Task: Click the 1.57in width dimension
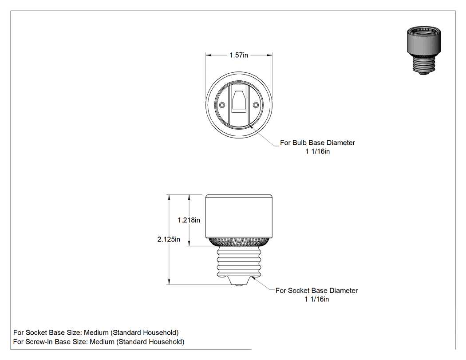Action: (x=239, y=55)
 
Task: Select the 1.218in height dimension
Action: (x=189, y=220)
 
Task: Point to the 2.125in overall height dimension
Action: (x=169, y=240)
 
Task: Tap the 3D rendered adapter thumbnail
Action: (x=424, y=50)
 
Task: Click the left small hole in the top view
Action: (x=222, y=105)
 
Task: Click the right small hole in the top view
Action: (x=256, y=105)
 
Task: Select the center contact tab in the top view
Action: (x=239, y=100)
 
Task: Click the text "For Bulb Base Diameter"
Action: (x=317, y=142)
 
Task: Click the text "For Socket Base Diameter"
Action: (x=316, y=290)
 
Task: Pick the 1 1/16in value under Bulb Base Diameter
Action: (x=317, y=151)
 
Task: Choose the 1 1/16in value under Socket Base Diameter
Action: (x=316, y=299)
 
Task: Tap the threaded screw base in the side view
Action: (x=239, y=261)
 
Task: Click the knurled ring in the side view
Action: (x=239, y=241)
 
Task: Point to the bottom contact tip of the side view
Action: (x=239, y=285)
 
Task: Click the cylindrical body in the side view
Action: (x=239, y=216)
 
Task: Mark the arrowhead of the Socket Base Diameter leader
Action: (x=253, y=277)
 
